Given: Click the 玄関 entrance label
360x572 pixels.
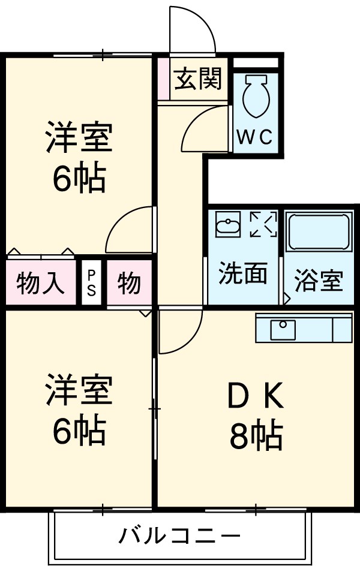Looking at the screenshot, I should pyautogui.click(x=198, y=79).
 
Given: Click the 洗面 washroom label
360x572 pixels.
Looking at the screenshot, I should pyautogui.click(x=242, y=274).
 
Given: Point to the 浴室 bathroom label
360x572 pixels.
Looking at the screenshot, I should pyautogui.click(x=319, y=281).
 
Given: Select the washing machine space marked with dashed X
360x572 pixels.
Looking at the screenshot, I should pyautogui.click(x=263, y=224).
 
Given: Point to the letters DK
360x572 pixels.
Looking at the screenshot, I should pyautogui.click(x=255, y=396).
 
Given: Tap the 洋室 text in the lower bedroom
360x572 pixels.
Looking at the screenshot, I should pyautogui.click(x=79, y=390).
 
